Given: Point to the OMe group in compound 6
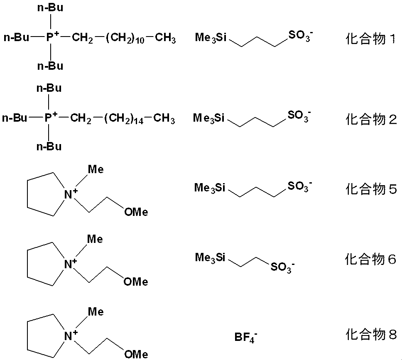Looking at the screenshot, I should coord(136,282).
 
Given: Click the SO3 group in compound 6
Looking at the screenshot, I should coord(282,267).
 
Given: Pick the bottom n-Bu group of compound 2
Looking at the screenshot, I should coord(49,146).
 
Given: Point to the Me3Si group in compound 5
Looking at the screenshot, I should coord(210,188).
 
